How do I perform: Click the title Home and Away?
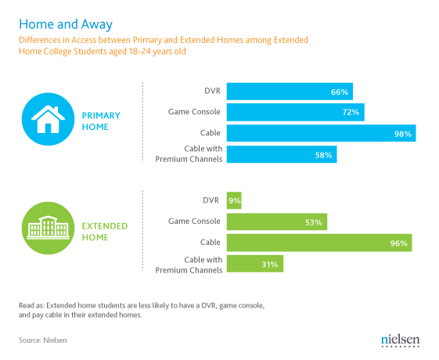pos(66,24)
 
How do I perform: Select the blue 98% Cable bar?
pos(321,133)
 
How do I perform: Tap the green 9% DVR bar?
pos(234,200)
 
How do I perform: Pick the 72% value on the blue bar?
pos(351,112)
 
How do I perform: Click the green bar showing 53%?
pos(277,221)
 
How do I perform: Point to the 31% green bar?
pos(255,264)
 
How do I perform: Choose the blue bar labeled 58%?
pos(282,154)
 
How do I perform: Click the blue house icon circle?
pos(49,119)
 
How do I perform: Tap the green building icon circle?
pos(49,229)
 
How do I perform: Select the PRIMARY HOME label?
pos(101,121)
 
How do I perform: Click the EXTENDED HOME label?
pos(105,232)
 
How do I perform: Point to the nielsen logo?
pos(401,340)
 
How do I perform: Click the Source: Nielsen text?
pos(43,340)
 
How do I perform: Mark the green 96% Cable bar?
pos(319,243)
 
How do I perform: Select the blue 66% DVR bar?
pos(290,92)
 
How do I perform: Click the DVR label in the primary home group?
pos(212,91)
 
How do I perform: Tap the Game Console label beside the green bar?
pos(194,221)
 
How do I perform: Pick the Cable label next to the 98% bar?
pos(210,133)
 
